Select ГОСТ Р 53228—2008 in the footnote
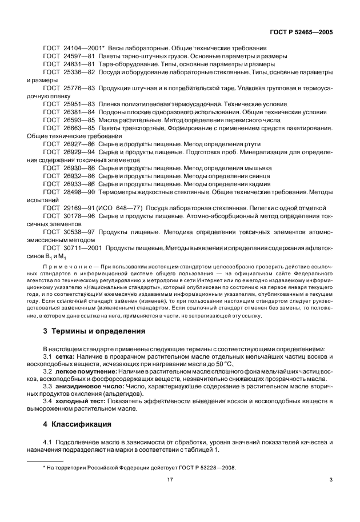point(207,468)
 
